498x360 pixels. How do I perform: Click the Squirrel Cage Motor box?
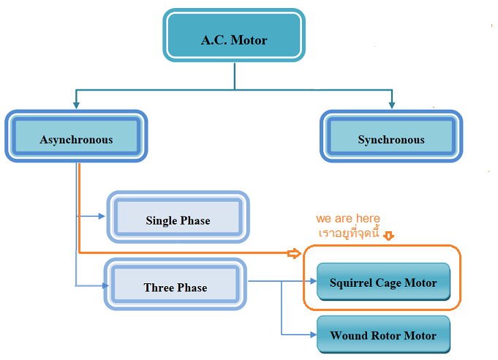(x=383, y=282)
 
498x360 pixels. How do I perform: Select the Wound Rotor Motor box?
(x=383, y=335)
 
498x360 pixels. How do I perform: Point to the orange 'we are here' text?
(x=348, y=219)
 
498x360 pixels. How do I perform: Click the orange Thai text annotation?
(x=349, y=233)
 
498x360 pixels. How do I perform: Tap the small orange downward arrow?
(x=389, y=236)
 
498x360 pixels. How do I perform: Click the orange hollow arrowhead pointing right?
(x=294, y=254)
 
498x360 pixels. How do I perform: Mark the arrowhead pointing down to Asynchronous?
(x=76, y=105)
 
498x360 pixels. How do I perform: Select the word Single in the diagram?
(x=162, y=220)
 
